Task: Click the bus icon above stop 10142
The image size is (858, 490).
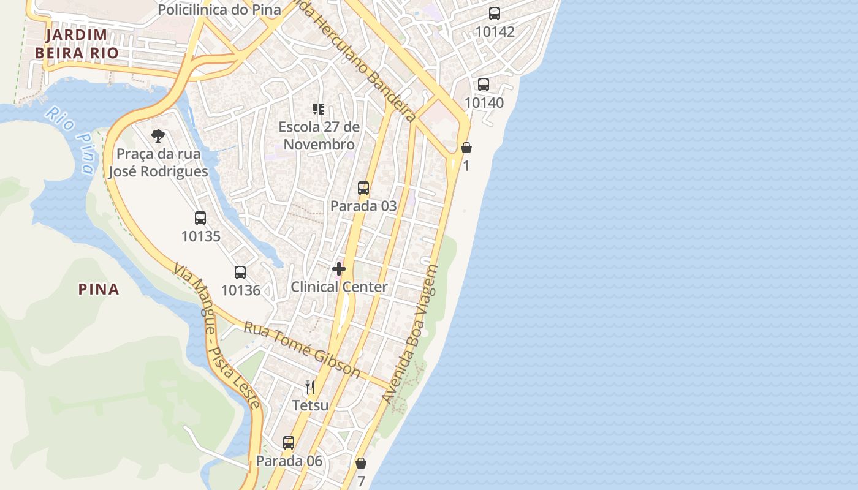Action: click(x=495, y=13)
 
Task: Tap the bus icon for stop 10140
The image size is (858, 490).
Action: click(x=484, y=85)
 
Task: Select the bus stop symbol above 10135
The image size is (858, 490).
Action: click(x=200, y=218)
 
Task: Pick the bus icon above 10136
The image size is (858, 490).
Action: click(x=240, y=273)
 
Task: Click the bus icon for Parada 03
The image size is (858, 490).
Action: click(x=363, y=188)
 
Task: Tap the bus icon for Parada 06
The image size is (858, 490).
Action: click(x=289, y=443)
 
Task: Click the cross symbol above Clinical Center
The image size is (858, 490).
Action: click(x=339, y=269)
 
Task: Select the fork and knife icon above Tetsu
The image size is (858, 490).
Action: click(x=310, y=387)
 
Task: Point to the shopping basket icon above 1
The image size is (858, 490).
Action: click(x=466, y=148)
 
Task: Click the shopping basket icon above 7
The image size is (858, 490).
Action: click(x=361, y=463)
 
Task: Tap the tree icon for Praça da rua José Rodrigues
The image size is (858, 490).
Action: click(x=158, y=136)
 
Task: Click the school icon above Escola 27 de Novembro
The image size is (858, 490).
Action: click(x=318, y=109)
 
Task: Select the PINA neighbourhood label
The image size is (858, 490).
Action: click(x=99, y=289)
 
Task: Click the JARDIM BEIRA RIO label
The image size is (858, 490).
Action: click(x=77, y=43)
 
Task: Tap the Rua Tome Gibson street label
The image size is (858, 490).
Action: click(x=302, y=349)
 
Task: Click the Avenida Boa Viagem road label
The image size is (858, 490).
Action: click(x=410, y=334)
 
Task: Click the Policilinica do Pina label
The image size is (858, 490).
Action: click(x=219, y=10)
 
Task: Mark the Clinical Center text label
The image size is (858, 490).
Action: click(x=339, y=287)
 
